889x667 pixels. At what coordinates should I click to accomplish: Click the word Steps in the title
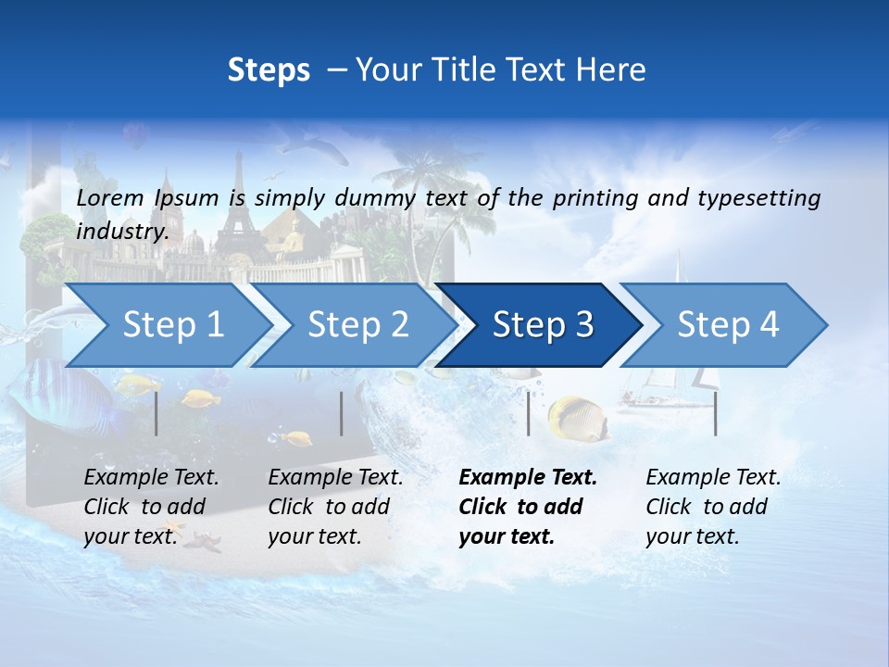pos(269,70)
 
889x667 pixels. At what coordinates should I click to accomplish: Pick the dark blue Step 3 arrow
pos(542,325)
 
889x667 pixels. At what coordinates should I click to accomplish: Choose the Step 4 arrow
pos(727,325)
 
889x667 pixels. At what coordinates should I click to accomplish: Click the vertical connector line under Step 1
pos(157,413)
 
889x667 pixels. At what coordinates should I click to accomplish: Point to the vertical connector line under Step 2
pos(342,413)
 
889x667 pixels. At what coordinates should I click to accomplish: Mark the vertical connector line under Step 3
pos(528,413)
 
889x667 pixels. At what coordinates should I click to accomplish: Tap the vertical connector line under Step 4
pos(715,413)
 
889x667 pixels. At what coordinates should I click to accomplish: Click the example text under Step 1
pos(151,507)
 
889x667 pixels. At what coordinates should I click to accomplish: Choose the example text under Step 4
pos(712,507)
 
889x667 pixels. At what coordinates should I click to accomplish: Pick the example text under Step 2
pos(334,507)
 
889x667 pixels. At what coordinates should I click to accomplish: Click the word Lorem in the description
pos(110,198)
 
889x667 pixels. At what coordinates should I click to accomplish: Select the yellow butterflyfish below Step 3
pos(576,418)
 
